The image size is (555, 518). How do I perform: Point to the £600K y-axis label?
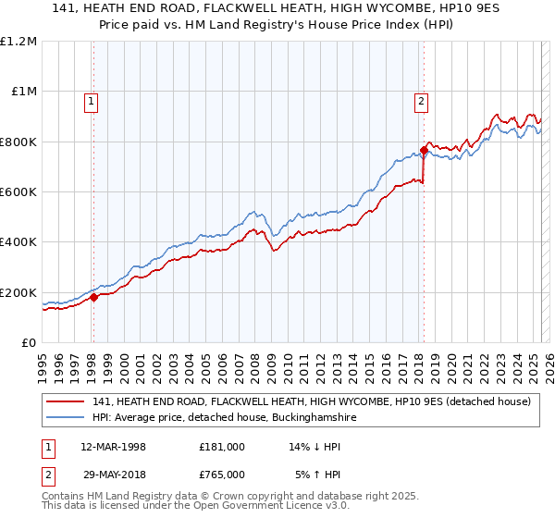click(x=18, y=192)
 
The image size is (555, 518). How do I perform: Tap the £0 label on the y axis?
click(x=30, y=343)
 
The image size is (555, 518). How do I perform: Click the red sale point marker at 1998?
click(x=93, y=298)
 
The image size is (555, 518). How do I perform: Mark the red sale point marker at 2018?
click(x=424, y=150)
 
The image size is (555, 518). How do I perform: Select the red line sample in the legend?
click(x=67, y=402)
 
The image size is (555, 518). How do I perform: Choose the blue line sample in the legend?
click(x=67, y=418)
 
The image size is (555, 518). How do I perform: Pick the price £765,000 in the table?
click(x=222, y=475)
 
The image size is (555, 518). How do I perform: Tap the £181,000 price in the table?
click(x=222, y=447)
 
